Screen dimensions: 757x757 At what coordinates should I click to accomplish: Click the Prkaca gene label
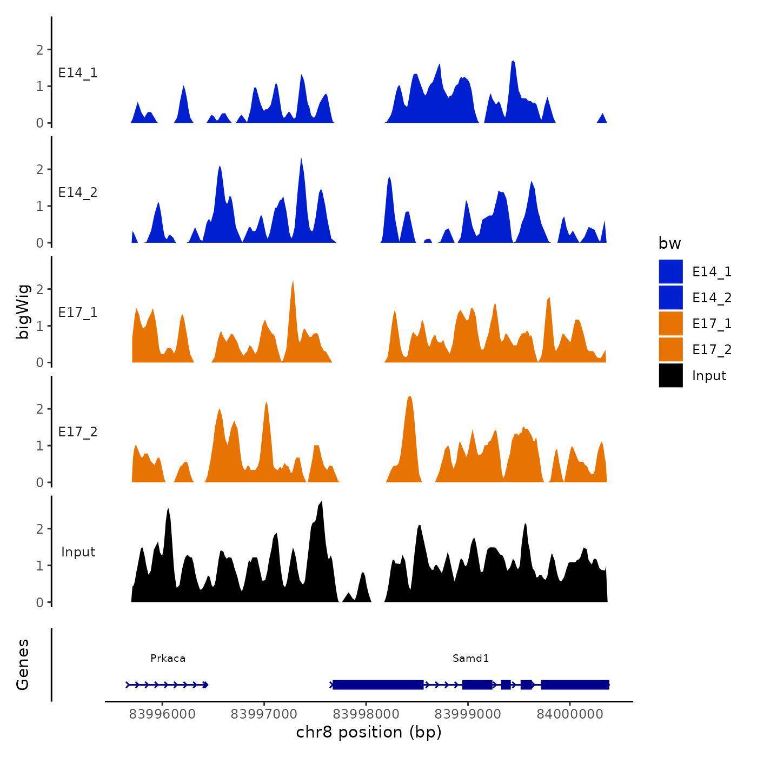point(168,658)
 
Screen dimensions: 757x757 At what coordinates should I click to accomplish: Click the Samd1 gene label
point(470,658)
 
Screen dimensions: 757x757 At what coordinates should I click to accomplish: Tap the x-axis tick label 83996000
point(162,714)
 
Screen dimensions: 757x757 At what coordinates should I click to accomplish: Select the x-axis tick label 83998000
point(366,714)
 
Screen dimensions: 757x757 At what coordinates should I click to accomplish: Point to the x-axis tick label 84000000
point(569,714)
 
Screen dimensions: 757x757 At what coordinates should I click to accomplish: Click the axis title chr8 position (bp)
point(369,732)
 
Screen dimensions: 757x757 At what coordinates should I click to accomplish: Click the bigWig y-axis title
point(23,311)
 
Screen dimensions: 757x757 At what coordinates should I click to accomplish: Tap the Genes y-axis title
point(23,665)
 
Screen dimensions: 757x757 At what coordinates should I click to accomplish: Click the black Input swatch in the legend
point(670,375)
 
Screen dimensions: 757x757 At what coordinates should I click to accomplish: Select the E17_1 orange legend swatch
point(670,323)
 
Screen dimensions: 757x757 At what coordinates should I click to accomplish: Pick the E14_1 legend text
point(712,271)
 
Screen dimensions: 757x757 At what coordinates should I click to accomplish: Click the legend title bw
point(669,243)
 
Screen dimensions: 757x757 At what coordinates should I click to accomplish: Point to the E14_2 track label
point(78,192)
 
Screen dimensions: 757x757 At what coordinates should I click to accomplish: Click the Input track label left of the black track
point(78,552)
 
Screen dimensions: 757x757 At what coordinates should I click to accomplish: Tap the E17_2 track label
point(78,431)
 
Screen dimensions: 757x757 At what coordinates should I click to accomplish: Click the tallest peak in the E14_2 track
point(301,160)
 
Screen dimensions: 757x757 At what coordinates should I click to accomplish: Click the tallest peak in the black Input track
point(322,503)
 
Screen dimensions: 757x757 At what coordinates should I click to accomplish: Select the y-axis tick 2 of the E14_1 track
point(39,50)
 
